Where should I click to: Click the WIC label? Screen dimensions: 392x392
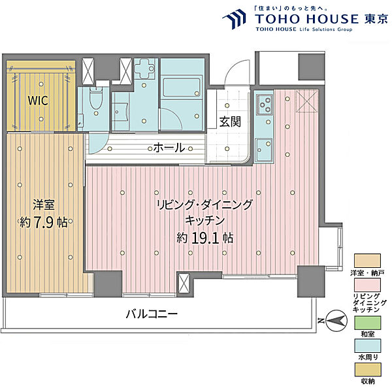point(37,101)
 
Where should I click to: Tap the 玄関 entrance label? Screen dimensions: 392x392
point(229,122)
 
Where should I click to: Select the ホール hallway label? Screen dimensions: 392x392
point(169,148)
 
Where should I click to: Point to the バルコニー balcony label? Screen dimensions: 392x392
point(152,314)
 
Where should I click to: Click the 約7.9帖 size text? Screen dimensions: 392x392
point(42,222)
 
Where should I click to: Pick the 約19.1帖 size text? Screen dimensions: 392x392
point(205,237)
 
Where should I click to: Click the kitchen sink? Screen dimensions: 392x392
point(263,148)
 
